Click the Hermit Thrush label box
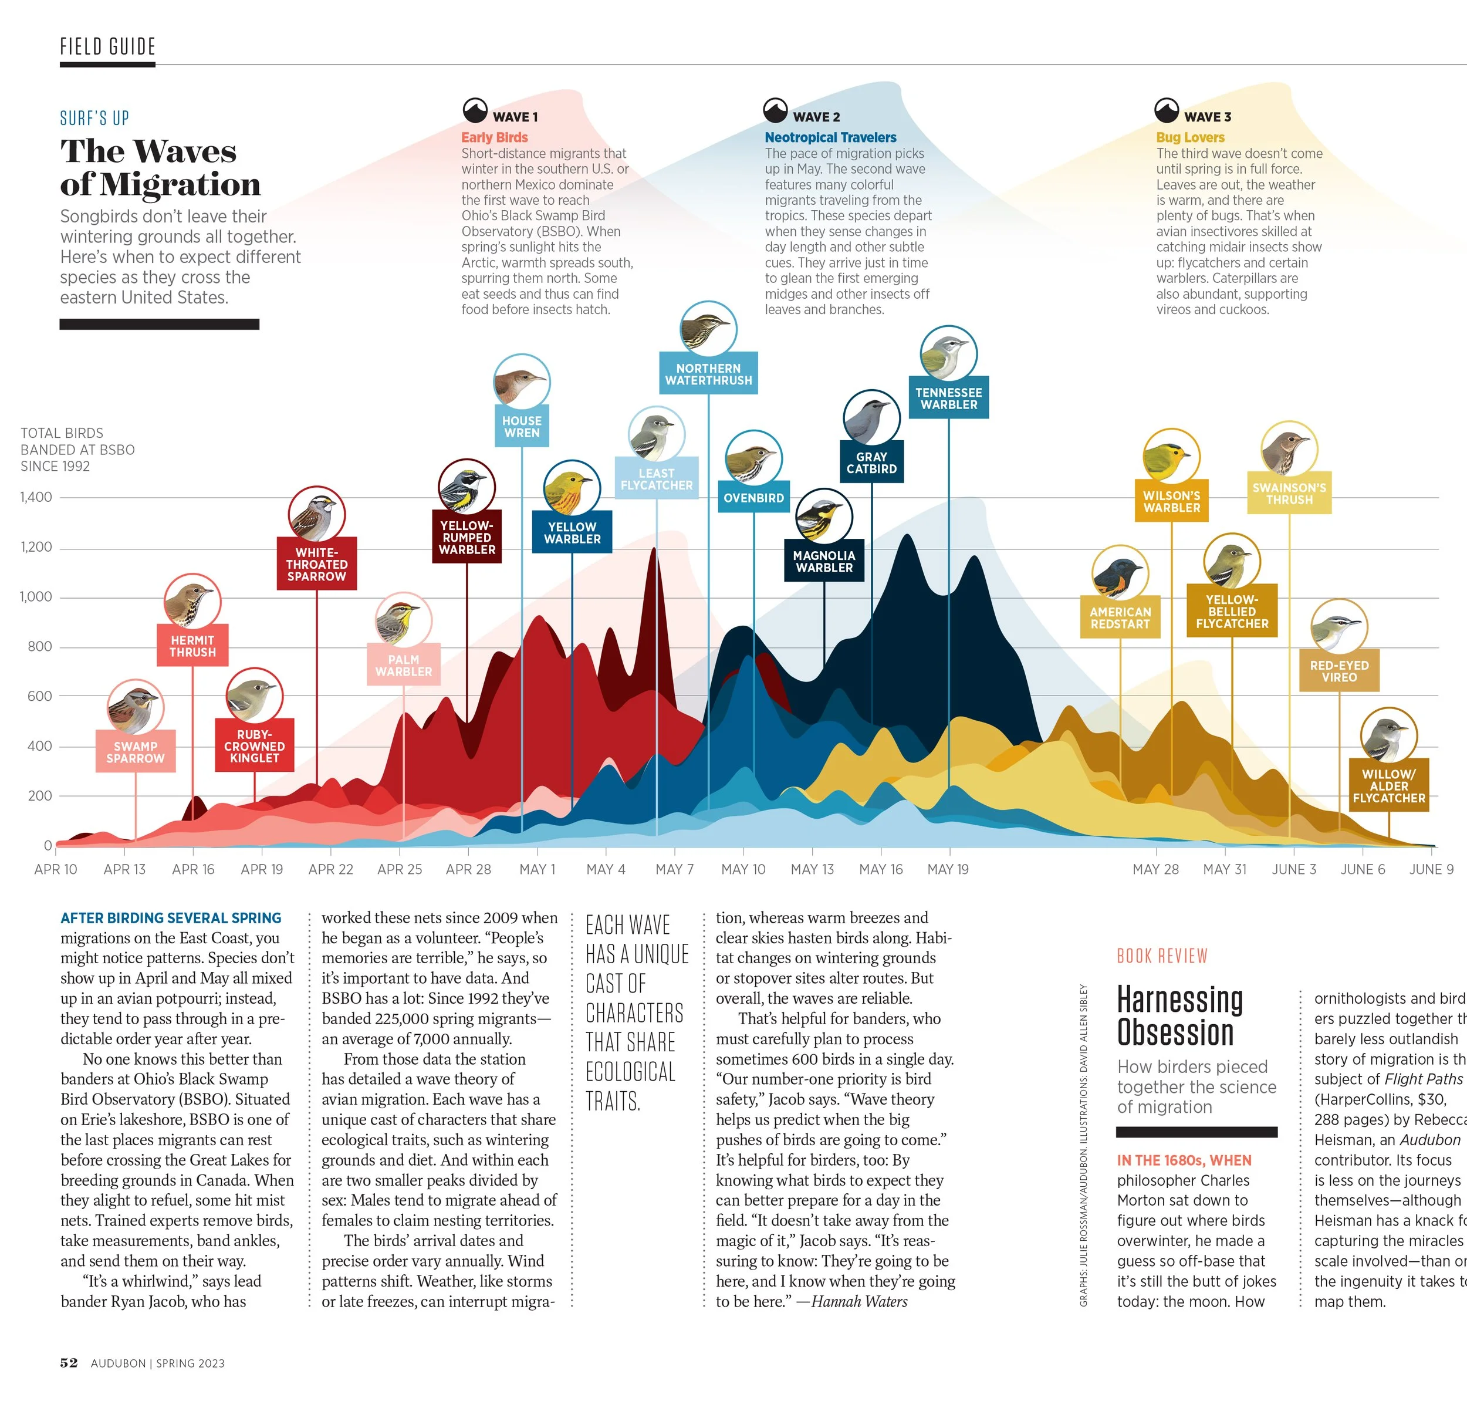pos(192,646)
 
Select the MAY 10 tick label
pos(743,869)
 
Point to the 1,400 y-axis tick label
pos(36,497)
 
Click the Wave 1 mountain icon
pos(475,111)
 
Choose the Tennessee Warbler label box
pos(948,399)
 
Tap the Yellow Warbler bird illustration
pos(572,489)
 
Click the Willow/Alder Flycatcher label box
pos(1388,786)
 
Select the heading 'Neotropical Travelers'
pos(830,137)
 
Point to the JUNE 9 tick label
pos(1431,869)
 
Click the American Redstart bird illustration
pos(1120,573)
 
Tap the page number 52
pos(69,1363)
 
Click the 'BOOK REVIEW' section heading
pos(1162,956)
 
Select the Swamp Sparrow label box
pos(136,752)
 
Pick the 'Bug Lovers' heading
pos(1190,137)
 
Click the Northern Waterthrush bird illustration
pos(708,329)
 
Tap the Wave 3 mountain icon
pos(1166,111)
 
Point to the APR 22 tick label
pos(331,869)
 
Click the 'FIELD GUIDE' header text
pos(108,46)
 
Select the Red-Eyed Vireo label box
pos(1339,671)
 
